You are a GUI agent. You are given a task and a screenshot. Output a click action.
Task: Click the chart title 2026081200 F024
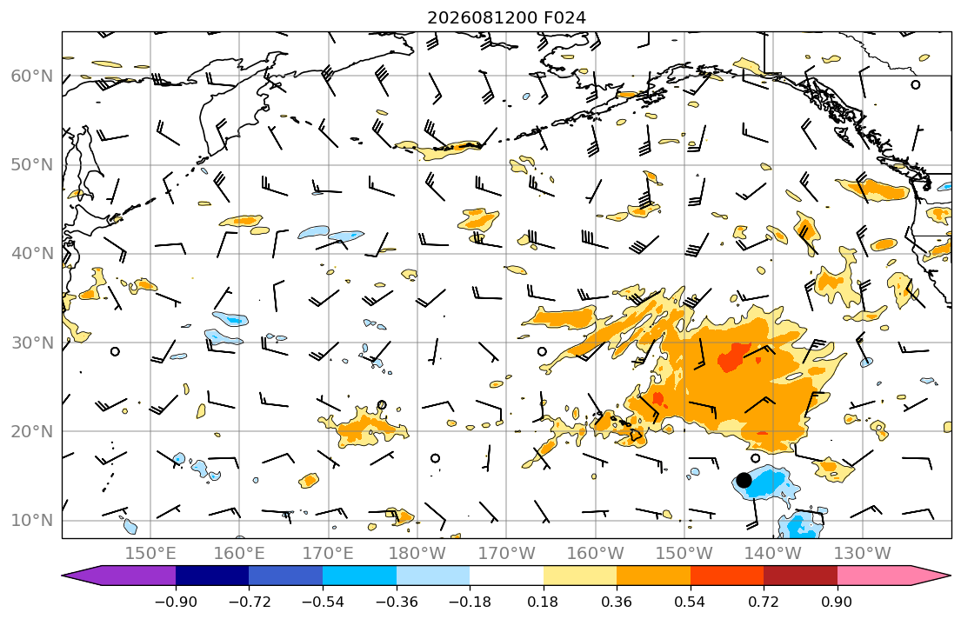506,17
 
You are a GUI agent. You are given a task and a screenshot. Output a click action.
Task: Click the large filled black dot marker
744,480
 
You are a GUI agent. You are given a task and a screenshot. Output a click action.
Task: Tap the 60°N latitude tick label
32,76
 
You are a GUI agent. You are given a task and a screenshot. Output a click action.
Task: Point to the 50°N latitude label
32,165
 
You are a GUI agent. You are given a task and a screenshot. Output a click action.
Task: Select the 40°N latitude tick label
32,253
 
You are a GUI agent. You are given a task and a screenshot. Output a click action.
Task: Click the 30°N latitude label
32,343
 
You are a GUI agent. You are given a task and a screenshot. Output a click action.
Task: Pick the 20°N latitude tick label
32,431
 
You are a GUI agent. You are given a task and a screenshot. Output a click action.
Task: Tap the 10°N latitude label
32,521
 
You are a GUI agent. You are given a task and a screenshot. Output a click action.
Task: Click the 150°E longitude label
150,554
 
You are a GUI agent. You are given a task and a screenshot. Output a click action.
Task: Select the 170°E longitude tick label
329,554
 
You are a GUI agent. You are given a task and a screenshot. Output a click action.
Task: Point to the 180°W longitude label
417,554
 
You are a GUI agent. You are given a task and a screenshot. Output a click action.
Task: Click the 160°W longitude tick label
596,554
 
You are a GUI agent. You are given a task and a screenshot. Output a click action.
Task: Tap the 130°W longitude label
863,554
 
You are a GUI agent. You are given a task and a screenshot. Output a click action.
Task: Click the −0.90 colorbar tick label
176,602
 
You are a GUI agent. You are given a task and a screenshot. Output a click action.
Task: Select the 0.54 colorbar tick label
691,602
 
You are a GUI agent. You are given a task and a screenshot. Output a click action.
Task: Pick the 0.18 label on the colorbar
543,602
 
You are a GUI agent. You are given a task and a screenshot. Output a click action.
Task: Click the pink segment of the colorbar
875,576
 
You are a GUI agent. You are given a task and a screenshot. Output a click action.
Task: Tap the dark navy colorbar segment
212,576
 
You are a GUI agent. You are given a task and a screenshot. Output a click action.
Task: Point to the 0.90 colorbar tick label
838,602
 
